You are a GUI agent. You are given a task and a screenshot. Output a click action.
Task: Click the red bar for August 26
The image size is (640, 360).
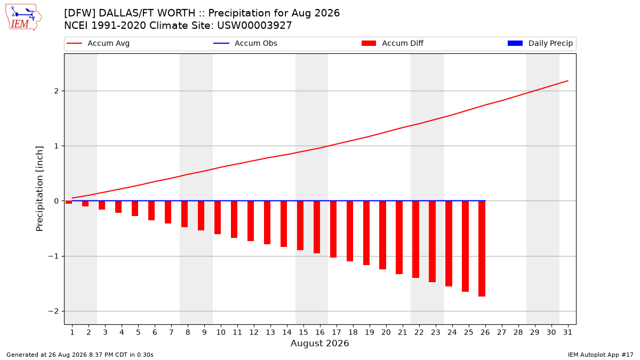482,249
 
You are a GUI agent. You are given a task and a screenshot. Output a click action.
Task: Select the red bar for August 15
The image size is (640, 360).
300,226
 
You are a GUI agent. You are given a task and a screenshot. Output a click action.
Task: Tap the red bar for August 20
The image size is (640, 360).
382,235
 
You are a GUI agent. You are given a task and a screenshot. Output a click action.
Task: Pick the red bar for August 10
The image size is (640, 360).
218,218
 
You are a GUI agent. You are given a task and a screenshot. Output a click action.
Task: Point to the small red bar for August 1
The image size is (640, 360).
69,202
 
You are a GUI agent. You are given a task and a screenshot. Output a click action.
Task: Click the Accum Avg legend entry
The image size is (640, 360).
98,43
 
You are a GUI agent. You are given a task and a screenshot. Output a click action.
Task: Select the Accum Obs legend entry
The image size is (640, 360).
245,43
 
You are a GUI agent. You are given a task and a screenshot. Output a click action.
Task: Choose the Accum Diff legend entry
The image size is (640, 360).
393,43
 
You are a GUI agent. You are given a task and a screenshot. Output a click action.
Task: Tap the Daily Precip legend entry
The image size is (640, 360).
540,43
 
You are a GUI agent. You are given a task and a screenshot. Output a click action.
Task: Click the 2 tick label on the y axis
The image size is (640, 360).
57,91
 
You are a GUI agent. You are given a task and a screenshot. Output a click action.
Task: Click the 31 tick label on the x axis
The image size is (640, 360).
567,332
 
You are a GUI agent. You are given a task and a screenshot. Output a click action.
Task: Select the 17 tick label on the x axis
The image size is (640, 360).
337,332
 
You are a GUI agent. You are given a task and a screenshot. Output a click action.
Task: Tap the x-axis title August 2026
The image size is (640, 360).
319,343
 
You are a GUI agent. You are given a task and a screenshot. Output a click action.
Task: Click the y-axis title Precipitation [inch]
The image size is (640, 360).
39,189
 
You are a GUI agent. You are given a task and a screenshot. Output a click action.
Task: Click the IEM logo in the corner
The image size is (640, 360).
23,18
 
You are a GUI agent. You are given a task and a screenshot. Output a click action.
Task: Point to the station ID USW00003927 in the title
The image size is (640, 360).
254,26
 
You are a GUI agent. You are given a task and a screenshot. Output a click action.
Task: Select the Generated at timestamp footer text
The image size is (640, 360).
79,355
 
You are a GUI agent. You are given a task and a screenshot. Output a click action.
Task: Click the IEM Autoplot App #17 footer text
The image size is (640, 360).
601,355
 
